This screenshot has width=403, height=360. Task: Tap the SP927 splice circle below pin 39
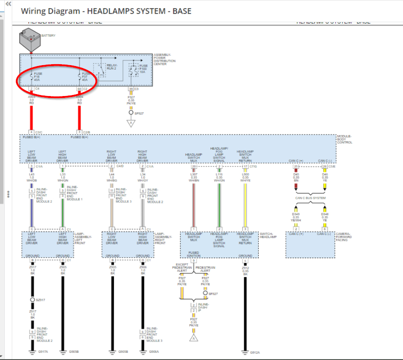(x=130, y=112)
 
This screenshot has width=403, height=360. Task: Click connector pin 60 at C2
(x=79, y=89)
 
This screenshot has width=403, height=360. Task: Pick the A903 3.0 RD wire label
(x=31, y=99)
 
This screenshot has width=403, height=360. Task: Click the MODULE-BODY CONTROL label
(x=344, y=139)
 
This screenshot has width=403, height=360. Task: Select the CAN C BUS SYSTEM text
(x=310, y=198)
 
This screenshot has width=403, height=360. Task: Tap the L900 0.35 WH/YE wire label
(x=245, y=178)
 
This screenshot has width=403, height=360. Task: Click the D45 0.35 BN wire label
(x=296, y=178)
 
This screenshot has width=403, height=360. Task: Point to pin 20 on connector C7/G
(x=194, y=166)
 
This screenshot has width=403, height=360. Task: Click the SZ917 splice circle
(x=32, y=300)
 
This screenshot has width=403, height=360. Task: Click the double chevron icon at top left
(x=7, y=3)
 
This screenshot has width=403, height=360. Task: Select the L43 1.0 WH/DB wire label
(x=31, y=178)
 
